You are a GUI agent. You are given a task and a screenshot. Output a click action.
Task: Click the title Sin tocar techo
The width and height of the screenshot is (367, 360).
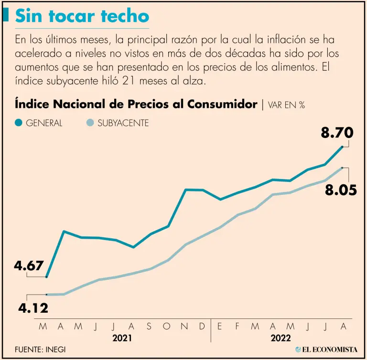pos(82,16)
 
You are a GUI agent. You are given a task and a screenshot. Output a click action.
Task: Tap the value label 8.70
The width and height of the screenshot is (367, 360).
pos(337,132)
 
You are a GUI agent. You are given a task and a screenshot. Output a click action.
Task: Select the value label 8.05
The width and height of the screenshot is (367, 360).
pos(341,190)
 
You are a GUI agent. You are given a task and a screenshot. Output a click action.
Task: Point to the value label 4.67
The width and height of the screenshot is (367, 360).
pos(29,266)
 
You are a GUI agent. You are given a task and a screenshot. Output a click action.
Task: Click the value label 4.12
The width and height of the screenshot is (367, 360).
pos(33,308)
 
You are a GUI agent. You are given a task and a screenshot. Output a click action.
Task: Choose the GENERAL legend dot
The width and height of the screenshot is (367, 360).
pos(19,123)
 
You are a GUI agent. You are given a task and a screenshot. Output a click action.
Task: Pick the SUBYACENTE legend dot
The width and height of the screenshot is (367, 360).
pos(90,123)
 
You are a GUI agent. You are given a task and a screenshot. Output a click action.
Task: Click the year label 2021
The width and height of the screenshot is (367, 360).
pos(122,338)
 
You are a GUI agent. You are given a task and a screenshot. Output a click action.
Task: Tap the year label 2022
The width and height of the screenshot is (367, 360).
pos(281,338)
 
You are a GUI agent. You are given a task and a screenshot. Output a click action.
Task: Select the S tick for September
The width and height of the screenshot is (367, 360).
pos(149,327)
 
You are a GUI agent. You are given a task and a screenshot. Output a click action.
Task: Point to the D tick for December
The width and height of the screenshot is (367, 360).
pos(202,327)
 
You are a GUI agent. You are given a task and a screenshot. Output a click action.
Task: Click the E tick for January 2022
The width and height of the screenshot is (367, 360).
pos(220,327)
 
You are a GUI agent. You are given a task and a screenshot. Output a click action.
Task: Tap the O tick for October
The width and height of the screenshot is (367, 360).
pos(167,327)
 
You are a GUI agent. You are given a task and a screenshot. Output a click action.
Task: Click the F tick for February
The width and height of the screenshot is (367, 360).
pos(237,327)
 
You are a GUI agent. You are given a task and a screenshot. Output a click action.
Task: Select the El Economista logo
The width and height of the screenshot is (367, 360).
pos(326,349)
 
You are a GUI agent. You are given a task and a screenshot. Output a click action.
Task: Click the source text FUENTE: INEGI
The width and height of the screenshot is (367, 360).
pos(40,349)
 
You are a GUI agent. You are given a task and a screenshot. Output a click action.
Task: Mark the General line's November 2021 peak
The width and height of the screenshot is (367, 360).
pos(186,190)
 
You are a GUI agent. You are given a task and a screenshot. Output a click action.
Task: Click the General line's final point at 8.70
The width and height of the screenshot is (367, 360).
pos(343,146)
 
